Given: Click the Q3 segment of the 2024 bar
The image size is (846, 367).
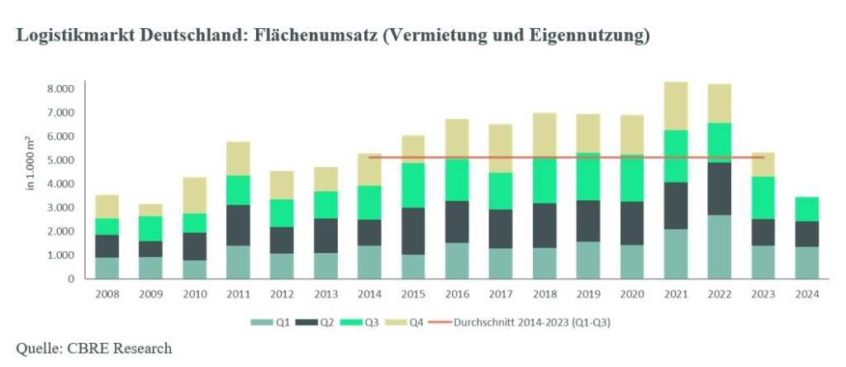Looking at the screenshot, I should [x=806, y=209].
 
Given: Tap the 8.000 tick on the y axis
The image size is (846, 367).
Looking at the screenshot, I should [x=59, y=88].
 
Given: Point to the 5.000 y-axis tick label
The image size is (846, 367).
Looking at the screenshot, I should [x=59, y=160].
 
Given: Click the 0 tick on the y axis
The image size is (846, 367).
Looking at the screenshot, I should [x=70, y=279].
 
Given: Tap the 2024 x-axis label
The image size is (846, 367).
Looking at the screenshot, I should [x=806, y=293].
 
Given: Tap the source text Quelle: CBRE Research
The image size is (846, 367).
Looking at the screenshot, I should [x=95, y=348].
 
